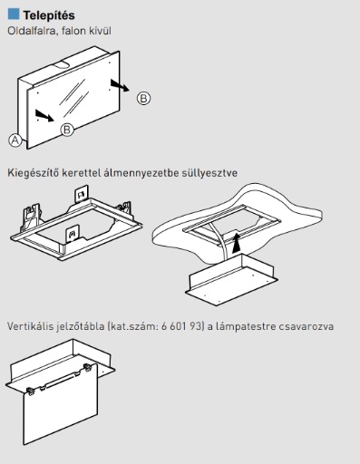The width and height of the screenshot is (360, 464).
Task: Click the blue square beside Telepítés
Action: coord(14,14)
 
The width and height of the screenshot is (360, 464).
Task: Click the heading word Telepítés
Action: coord(49,15)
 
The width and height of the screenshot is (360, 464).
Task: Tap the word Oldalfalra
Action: coord(33,31)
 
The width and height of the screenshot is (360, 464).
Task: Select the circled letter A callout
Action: coord(15,140)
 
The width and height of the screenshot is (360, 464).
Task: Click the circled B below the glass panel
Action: coord(67,130)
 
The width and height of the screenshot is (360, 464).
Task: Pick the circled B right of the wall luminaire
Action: coord(143,99)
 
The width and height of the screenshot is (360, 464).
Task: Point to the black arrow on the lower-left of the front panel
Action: coord(44,116)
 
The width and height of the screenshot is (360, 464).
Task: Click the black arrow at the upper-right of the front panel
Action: coord(120,85)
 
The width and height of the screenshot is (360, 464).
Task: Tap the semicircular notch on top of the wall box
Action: coord(62,64)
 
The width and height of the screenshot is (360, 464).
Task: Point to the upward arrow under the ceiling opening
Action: coord(237,242)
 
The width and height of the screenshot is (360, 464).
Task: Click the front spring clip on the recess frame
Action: coord(73,234)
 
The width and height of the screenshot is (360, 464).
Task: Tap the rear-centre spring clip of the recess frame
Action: coord(82,195)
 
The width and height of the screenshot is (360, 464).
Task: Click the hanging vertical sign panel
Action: coord(61,405)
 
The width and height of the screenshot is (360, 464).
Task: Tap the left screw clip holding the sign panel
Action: coord(30,391)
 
